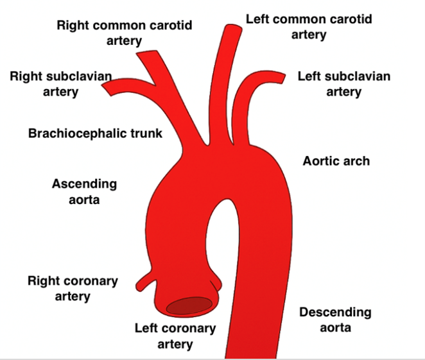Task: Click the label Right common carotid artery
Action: [x=124, y=33]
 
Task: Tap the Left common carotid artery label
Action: [x=309, y=26]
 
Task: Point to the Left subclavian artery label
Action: [x=343, y=84]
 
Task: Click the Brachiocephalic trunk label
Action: [x=96, y=133]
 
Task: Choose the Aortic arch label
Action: [x=336, y=160]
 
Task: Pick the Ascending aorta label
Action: [x=85, y=191]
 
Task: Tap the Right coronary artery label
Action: [x=73, y=289]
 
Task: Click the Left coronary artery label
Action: [x=175, y=336]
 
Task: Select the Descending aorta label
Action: [x=335, y=320]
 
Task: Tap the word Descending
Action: [x=335, y=313]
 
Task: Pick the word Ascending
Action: [x=85, y=184]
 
